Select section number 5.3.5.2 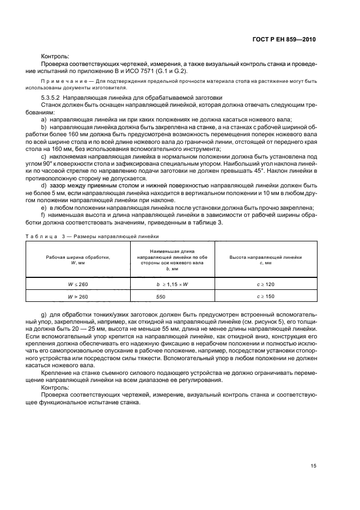52,96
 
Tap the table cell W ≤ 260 76,284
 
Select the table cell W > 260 76,296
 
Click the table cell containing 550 161,296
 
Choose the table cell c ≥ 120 266,284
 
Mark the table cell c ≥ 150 266,296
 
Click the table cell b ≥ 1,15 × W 161,284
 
